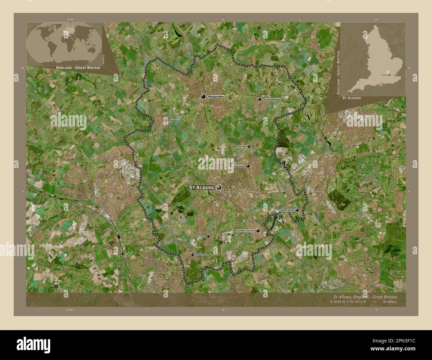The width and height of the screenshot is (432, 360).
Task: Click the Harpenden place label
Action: (216, 97)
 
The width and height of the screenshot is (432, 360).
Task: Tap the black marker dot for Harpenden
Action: (203, 97)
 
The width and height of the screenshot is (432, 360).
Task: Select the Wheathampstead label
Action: (272, 99)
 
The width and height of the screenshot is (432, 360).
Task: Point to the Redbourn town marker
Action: (166, 120)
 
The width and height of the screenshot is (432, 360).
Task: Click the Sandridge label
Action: (241, 146)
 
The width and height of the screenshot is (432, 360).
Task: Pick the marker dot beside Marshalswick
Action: (248, 166)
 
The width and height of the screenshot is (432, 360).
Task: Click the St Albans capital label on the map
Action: (201, 188)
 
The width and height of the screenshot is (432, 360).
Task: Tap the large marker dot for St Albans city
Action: (219, 188)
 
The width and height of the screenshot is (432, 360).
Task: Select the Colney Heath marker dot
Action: (297, 210)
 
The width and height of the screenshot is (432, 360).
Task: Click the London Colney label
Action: (245, 230)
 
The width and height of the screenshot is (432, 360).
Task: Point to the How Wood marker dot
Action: (208, 236)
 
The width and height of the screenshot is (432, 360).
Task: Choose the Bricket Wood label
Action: (201, 255)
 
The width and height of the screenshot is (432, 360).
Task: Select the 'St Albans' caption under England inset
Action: (352, 98)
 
